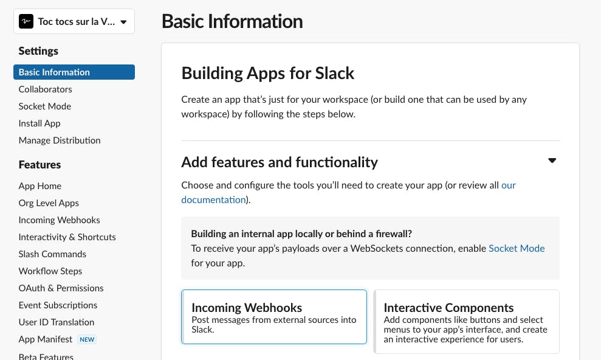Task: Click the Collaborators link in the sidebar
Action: (45, 89)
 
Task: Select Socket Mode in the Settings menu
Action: (45, 106)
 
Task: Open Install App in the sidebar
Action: (39, 123)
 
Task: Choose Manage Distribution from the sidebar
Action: (60, 140)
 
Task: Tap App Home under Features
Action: (40, 186)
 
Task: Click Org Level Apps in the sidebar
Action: (49, 203)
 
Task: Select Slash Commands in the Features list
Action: (52, 254)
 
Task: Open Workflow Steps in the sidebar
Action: (50, 271)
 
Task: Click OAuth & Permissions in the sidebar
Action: (61, 288)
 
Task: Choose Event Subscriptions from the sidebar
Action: (58, 305)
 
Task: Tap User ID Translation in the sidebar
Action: (57, 322)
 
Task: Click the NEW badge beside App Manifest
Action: (87, 339)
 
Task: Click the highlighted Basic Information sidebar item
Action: (74, 72)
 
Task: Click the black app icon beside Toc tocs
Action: (26, 21)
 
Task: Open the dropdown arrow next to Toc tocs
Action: (123, 22)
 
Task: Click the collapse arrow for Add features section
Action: (552, 161)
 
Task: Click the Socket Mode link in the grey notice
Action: (517, 249)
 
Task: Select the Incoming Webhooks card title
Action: (247, 308)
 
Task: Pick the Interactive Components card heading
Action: (448, 308)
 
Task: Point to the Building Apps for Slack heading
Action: (267, 73)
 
